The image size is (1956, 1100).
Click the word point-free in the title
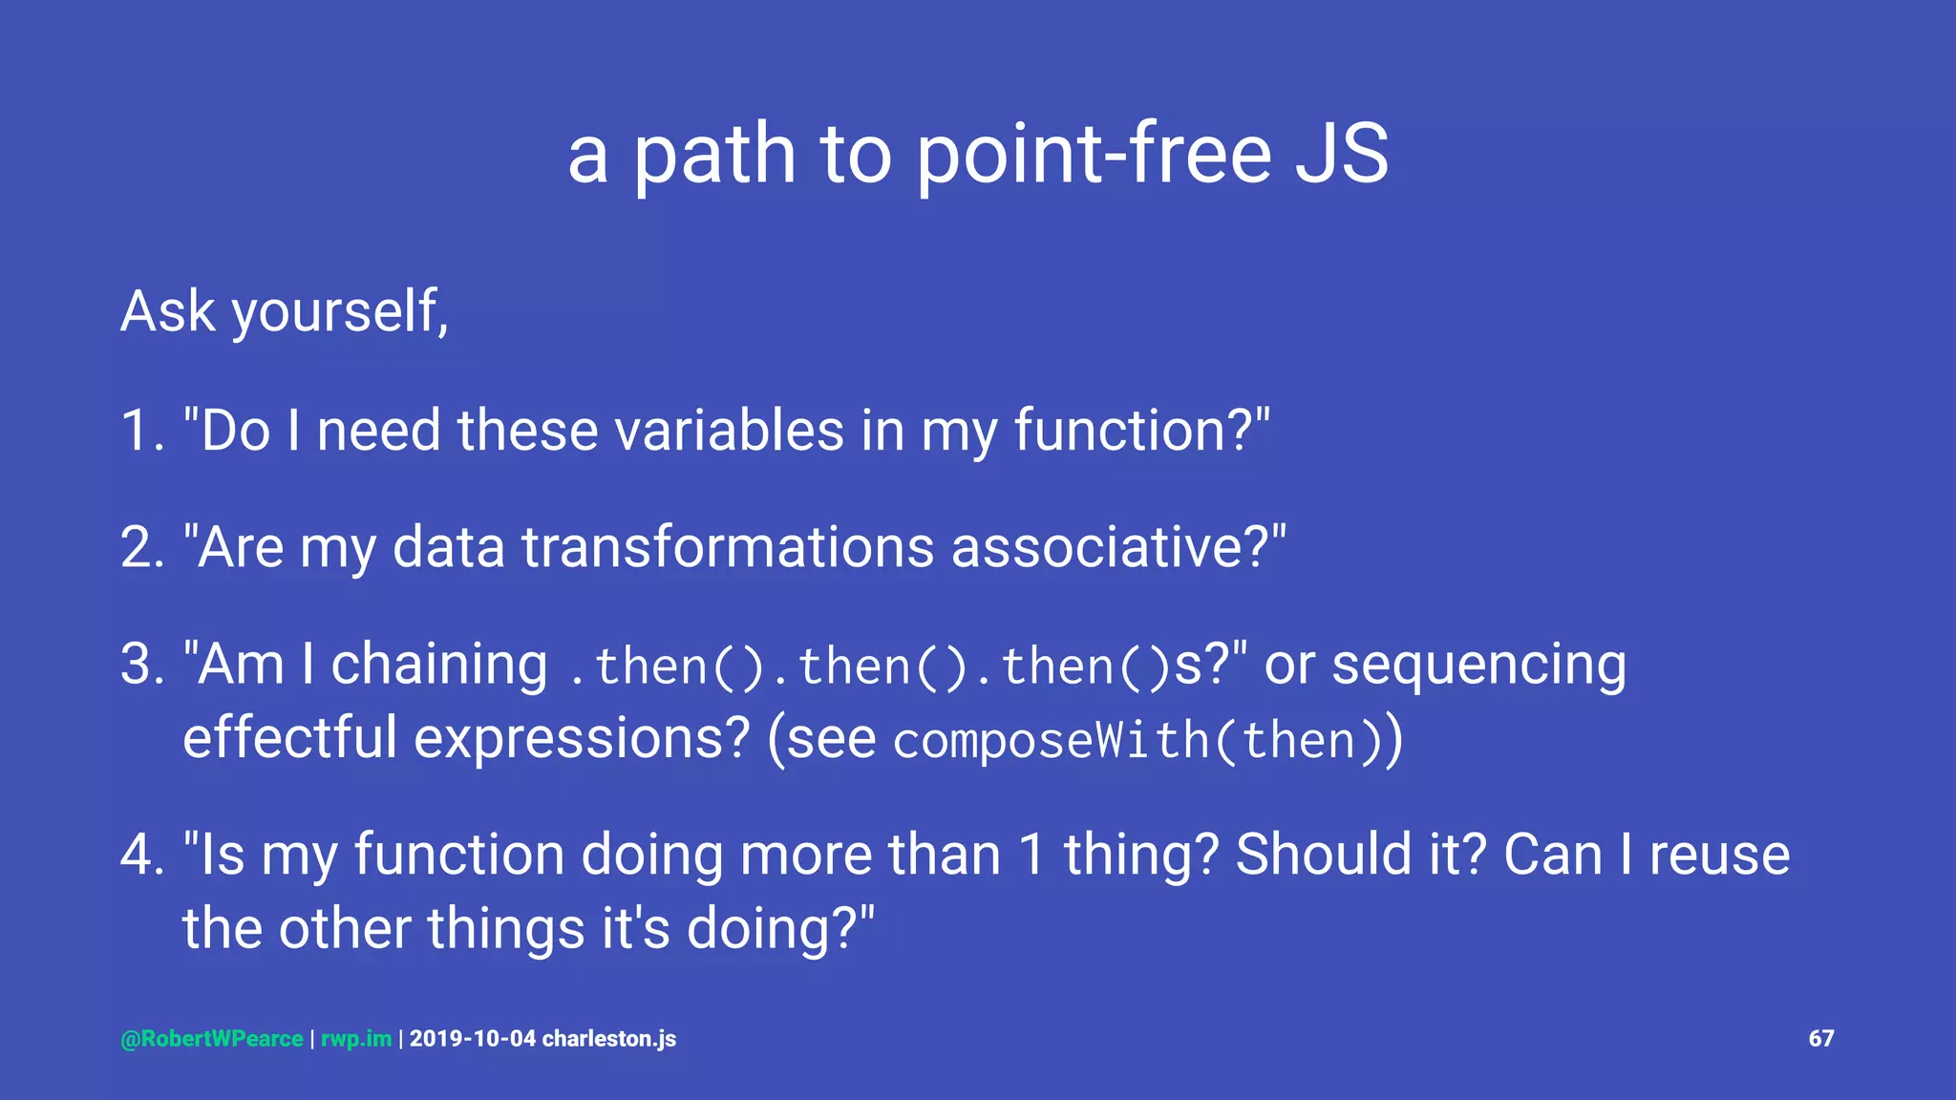1094,155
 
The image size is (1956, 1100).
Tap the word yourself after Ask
340,313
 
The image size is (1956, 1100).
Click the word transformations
728,548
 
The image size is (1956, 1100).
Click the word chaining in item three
438,665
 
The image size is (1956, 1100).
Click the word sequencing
1478,665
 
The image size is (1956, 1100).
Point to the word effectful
289,738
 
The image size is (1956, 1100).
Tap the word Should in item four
1323,855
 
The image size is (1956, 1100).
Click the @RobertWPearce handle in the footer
212,1039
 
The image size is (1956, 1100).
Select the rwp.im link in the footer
356,1039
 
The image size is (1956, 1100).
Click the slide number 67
1820,1039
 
